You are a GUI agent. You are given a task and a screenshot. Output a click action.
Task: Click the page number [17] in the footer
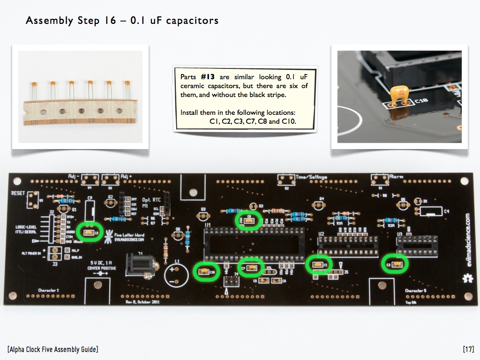pos(468,349)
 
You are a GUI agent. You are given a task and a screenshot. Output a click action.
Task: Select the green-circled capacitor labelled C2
pos(394,264)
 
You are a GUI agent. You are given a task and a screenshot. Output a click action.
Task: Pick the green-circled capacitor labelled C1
pos(319,265)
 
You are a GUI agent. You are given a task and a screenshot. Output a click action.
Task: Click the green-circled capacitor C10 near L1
pos(206,271)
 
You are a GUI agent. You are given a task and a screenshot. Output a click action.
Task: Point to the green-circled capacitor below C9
pos(88,232)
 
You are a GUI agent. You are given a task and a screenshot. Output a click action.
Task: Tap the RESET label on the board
pos(18,193)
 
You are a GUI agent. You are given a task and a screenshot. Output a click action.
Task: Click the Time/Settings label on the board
pos(311,177)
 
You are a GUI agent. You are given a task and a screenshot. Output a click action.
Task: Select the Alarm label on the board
pos(397,177)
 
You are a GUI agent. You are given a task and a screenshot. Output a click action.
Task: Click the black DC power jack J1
pos(136,265)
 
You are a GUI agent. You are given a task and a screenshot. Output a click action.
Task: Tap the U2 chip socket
pos(347,243)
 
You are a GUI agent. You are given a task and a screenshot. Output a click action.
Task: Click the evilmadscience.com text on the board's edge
pos(465,239)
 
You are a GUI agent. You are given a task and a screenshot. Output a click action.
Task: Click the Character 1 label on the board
pos(49,291)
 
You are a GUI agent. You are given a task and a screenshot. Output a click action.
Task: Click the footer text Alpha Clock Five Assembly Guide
pos(53,349)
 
